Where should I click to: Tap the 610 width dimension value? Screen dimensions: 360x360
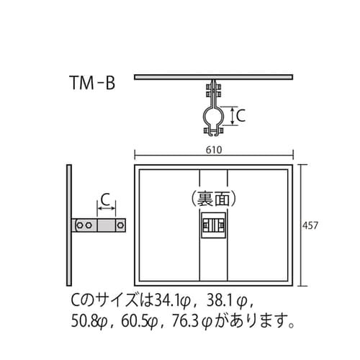213,150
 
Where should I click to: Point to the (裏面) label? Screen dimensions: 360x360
213,196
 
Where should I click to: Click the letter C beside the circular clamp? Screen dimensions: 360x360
241,114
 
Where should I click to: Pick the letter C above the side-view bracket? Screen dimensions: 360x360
105,199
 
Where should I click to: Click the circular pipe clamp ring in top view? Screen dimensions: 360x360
214,114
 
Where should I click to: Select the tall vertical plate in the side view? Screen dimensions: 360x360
68,224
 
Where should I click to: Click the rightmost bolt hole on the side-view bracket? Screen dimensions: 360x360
120,226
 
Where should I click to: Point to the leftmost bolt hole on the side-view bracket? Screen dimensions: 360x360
80,226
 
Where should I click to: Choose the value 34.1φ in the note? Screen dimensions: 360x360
174,298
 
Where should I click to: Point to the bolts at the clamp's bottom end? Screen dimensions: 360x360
214,131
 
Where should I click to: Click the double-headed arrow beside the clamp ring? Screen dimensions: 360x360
231,114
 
